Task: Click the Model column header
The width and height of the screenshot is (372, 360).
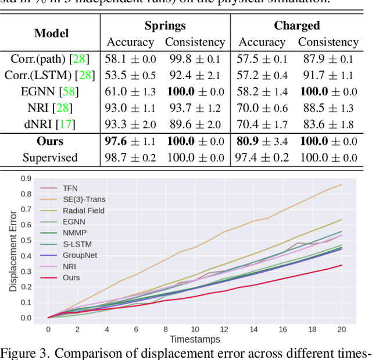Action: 51,34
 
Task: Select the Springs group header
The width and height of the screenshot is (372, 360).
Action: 165,26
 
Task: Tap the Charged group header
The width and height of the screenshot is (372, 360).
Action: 297,26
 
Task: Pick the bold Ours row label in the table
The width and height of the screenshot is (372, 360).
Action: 51,141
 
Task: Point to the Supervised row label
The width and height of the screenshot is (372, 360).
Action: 51,158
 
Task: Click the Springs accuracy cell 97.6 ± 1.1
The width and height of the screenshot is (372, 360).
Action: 130,141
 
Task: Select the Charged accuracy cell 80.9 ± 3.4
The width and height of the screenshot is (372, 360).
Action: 262,141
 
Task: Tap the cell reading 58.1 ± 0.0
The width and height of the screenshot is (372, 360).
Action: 130,59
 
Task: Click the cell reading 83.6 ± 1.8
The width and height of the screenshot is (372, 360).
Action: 328,124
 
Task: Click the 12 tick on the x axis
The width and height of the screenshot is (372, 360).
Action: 224,329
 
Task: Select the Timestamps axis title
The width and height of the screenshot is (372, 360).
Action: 195,339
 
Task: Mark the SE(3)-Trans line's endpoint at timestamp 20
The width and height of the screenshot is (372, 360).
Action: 341,185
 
